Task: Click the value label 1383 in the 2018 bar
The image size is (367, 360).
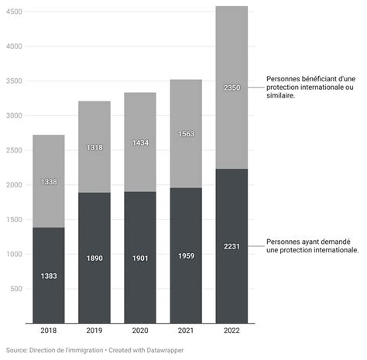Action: tap(49, 276)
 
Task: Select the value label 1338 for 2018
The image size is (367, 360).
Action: tap(49, 182)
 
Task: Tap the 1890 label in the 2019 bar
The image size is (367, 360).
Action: tap(94, 259)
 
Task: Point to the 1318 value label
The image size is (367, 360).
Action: tap(94, 148)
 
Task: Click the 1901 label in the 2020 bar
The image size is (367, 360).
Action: tap(140, 259)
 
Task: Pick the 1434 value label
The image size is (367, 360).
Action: tap(140, 143)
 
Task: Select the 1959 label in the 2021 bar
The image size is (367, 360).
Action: tap(186, 256)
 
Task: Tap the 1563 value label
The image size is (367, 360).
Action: tap(186, 134)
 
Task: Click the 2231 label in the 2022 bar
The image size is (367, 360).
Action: tap(232, 246)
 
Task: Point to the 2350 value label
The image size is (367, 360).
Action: tap(232, 88)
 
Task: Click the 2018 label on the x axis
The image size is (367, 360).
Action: tap(49, 331)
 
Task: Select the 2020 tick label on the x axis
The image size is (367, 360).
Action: tap(140, 331)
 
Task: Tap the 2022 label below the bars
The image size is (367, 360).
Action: tap(232, 331)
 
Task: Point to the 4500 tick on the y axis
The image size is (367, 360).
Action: tap(14, 12)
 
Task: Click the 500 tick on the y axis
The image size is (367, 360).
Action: tap(16, 289)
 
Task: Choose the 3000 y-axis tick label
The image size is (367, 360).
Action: tap(14, 115)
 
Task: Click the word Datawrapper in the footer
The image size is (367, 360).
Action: tap(165, 351)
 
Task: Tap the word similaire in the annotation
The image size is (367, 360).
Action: tap(280, 95)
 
